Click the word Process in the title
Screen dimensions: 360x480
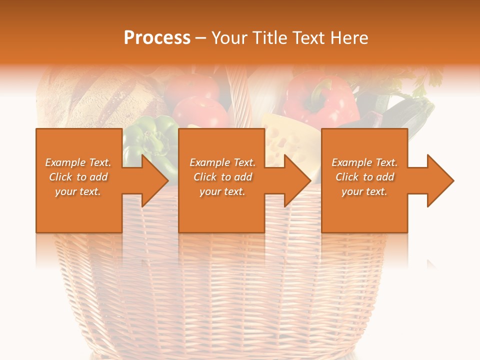157,38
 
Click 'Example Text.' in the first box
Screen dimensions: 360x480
78,162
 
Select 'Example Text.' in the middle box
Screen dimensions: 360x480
222,162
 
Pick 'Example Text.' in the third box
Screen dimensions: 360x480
364,162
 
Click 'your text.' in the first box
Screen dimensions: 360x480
78,191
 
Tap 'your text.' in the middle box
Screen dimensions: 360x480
222,191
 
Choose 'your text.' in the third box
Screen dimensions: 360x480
364,191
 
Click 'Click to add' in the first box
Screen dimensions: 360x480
78,177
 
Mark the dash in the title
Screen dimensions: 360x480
201,38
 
